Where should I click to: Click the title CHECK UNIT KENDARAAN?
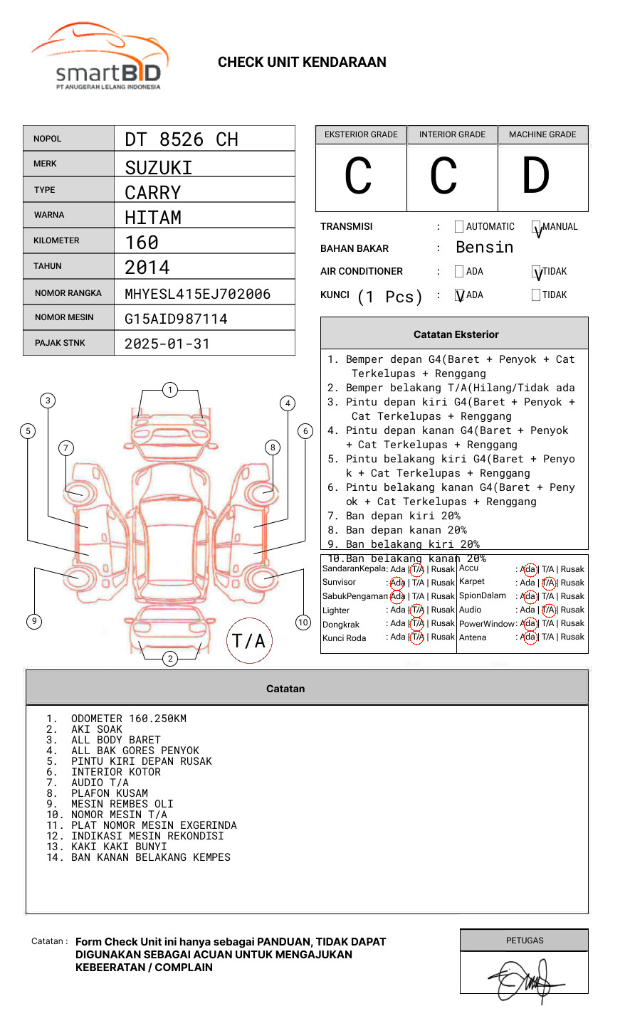(x=302, y=63)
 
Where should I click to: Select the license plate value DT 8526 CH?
(x=182, y=139)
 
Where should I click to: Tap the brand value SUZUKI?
(x=159, y=168)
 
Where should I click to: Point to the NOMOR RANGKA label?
(x=68, y=293)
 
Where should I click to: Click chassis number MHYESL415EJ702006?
(x=197, y=294)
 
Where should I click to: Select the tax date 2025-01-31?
(x=167, y=344)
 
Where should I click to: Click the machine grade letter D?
(x=535, y=176)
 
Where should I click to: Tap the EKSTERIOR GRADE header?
(x=361, y=134)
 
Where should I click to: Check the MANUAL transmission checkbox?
(x=537, y=228)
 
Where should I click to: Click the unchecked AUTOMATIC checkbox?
(x=459, y=227)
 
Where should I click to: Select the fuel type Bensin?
(x=484, y=248)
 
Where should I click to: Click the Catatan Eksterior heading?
(x=456, y=334)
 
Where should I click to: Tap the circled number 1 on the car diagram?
(x=169, y=390)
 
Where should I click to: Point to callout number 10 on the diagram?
(x=303, y=623)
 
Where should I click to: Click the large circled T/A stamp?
(x=249, y=641)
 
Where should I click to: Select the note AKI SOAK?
(x=97, y=729)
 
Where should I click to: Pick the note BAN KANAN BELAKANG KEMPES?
(x=151, y=857)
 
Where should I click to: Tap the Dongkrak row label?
(x=341, y=625)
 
